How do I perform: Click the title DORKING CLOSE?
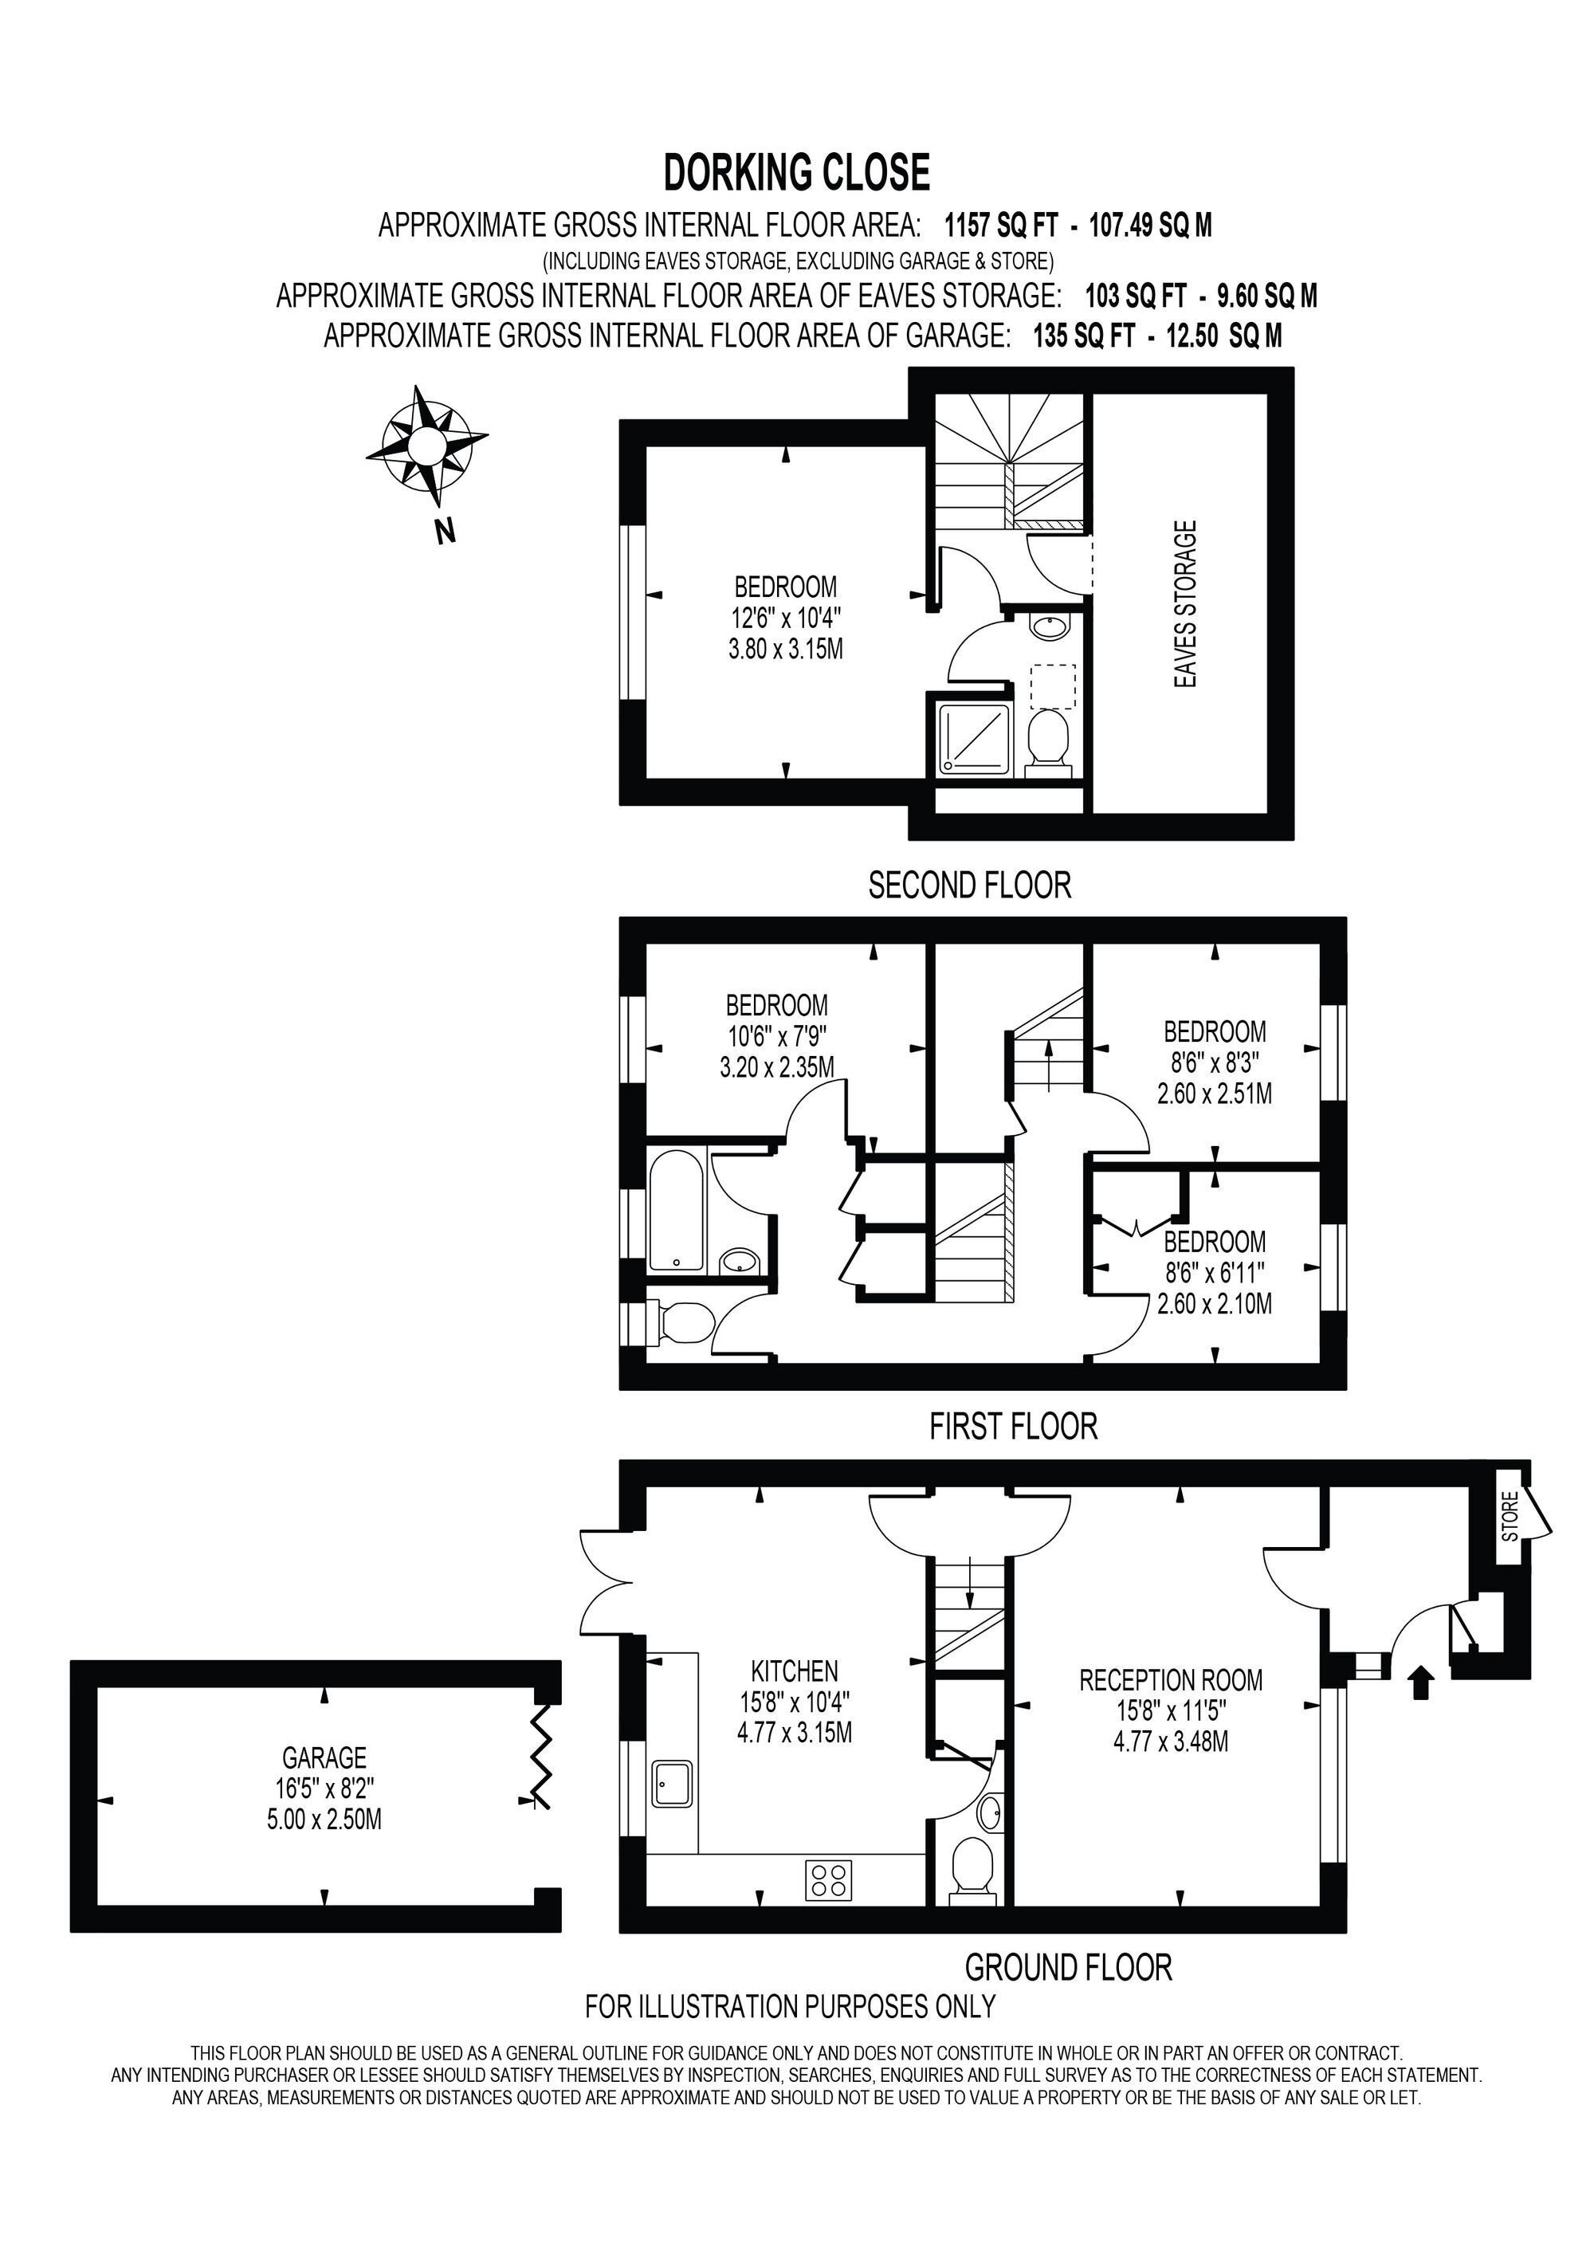click(797, 173)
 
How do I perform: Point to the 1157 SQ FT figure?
click(1001, 226)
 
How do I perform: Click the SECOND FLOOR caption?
click(970, 885)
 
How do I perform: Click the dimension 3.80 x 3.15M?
click(785, 649)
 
